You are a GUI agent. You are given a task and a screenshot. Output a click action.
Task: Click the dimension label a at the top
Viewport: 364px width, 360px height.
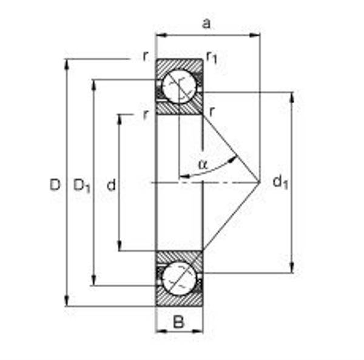207,24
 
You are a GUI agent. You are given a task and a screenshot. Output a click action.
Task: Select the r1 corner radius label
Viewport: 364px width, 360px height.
212,58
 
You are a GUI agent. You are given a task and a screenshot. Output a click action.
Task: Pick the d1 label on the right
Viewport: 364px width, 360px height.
280,182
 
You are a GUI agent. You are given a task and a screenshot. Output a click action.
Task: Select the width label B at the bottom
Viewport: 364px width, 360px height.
178,322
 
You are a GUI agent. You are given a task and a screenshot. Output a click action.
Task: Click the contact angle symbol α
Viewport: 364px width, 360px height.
203,164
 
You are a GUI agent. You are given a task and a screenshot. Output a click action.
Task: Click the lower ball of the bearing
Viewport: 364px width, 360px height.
180,278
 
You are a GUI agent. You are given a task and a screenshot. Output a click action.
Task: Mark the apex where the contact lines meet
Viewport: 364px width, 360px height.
260,182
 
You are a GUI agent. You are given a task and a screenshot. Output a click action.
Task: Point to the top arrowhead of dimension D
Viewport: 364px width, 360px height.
66,63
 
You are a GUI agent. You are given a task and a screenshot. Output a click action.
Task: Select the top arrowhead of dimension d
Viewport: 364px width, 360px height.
120,118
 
